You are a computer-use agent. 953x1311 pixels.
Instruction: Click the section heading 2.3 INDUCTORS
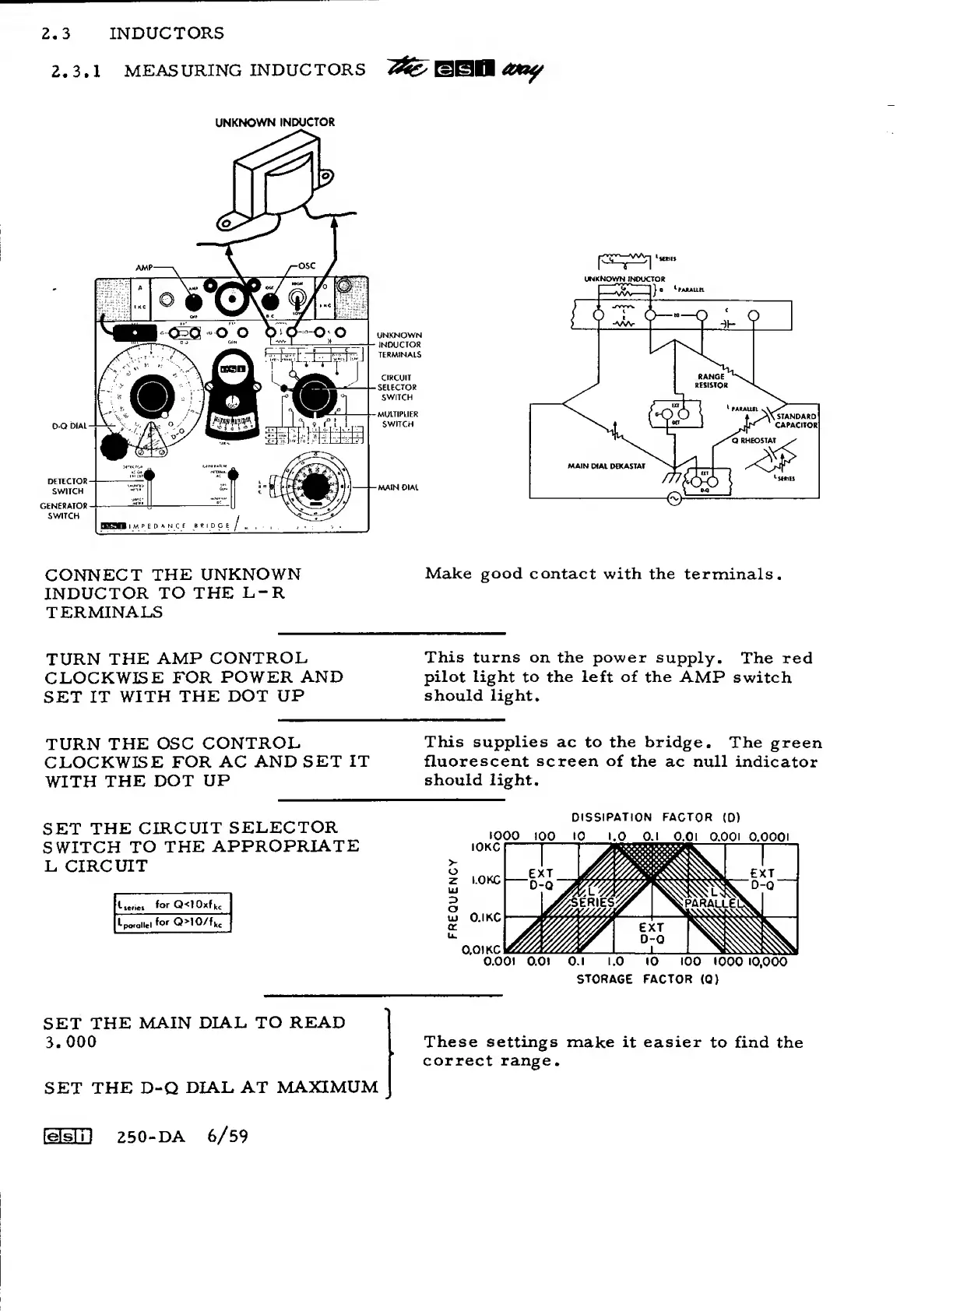click(135, 33)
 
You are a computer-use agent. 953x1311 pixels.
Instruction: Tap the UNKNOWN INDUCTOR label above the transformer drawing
click(275, 122)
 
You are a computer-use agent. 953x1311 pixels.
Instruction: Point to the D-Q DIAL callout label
click(69, 427)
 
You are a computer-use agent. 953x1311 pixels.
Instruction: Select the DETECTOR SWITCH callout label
click(68, 486)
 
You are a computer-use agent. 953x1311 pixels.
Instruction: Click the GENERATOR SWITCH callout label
click(64, 511)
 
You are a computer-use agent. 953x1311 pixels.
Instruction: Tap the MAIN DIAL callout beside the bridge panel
click(398, 488)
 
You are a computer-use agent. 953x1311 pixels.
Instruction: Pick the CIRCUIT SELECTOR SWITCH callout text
click(397, 387)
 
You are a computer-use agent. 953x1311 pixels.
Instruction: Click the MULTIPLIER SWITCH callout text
click(398, 419)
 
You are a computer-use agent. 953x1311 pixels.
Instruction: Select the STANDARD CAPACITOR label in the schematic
click(796, 421)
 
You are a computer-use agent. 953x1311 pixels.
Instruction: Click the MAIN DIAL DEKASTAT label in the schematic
click(607, 466)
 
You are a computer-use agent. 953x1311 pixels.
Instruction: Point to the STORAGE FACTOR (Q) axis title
click(647, 979)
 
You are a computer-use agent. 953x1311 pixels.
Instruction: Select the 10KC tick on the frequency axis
click(486, 846)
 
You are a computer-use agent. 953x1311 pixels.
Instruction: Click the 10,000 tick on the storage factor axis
click(768, 962)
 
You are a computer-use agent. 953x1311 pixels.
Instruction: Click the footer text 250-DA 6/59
click(182, 1137)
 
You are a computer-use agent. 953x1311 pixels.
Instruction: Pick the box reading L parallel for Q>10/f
click(172, 923)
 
